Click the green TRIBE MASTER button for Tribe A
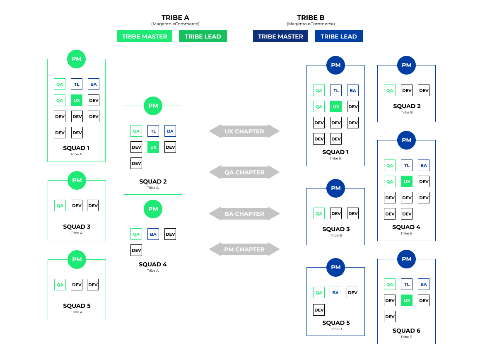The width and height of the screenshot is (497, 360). (x=145, y=36)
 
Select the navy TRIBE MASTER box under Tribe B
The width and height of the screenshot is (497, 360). (x=280, y=36)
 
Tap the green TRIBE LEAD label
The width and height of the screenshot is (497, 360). (x=203, y=36)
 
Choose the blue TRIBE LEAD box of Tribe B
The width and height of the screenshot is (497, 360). (x=339, y=36)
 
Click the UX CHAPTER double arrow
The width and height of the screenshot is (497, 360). (x=244, y=131)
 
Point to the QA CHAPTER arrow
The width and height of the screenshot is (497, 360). (x=244, y=172)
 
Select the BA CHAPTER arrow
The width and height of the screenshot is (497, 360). (x=244, y=214)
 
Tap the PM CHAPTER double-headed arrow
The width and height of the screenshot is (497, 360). (x=244, y=249)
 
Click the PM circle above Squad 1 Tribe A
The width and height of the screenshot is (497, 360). (x=77, y=59)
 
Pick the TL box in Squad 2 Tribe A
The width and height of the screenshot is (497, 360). (x=153, y=131)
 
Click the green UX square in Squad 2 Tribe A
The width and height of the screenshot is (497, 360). (x=153, y=147)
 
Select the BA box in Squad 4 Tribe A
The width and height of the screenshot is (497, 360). (x=153, y=234)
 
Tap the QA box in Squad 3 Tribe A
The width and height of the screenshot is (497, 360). (x=60, y=206)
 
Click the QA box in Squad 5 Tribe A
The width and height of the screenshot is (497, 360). (x=60, y=285)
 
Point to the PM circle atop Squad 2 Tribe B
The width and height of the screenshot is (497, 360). (x=406, y=65)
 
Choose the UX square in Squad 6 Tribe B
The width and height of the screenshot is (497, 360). (x=407, y=301)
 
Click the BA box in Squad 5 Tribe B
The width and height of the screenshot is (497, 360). (x=335, y=293)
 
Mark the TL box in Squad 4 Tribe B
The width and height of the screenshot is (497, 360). (x=407, y=166)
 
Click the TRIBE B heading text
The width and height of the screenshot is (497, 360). (x=311, y=18)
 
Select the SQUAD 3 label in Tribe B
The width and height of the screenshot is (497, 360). (x=336, y=229)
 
